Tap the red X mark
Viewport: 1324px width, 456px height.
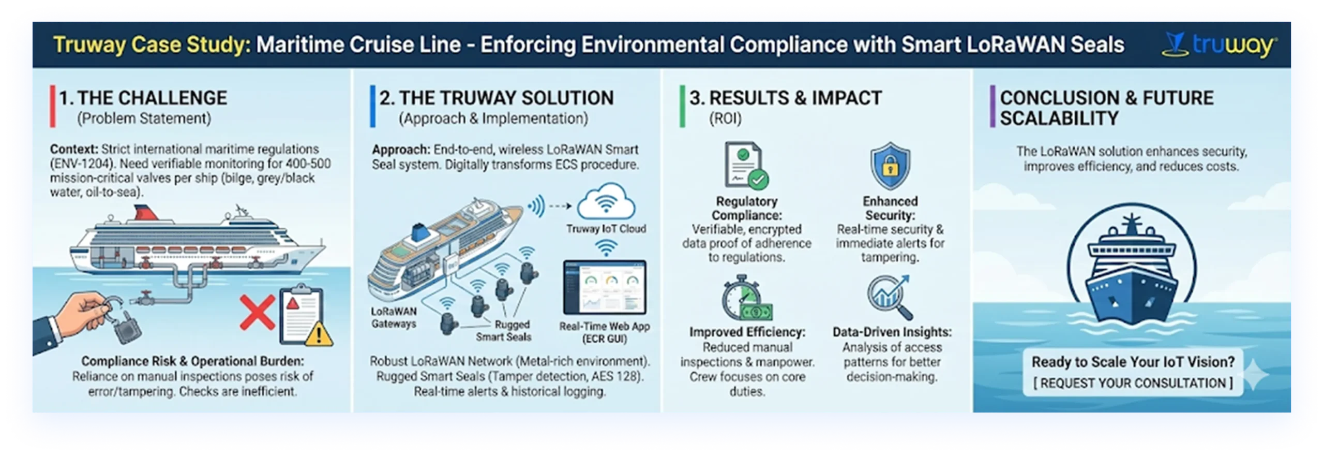point(257,312)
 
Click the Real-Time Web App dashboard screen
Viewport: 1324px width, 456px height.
point(605,287)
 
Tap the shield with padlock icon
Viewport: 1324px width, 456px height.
point(890,166)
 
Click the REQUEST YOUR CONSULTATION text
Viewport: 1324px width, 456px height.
point(1133,383)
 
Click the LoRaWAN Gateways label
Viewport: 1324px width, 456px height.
point(394,317)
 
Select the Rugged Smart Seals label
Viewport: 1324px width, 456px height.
point(504,331)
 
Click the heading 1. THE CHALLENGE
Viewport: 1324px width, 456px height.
point(143,98)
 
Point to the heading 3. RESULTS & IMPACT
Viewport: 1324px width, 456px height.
point(786,98)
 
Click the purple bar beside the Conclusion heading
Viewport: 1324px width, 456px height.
point(992,107)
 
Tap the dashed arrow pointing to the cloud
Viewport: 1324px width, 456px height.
point(560,206)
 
